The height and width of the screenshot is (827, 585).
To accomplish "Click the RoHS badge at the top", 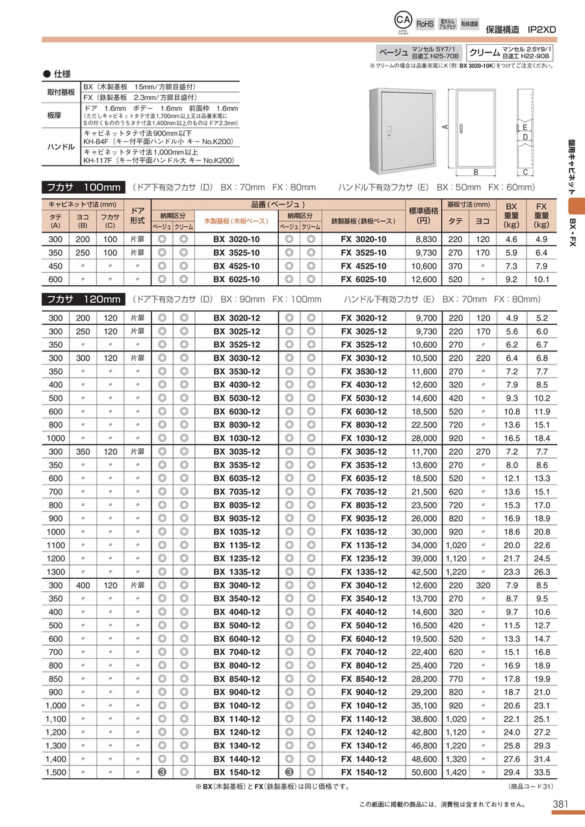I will (424, 23).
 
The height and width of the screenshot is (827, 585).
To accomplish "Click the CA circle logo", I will (403, 20).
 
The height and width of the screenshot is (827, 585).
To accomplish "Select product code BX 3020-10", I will (237, 239).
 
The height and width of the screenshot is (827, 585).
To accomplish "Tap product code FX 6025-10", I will (363, 279).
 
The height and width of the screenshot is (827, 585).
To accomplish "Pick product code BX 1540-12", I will (237, 772).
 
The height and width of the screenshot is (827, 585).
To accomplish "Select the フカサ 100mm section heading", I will (83, 187).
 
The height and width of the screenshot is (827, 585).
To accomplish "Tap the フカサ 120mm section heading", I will (83, 299).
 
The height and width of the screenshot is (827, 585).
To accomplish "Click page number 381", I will (560, 804).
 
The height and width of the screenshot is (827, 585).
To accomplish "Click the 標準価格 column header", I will (425, 215).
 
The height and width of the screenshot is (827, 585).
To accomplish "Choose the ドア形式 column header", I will (137, 215).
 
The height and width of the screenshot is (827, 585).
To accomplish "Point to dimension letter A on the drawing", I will (445, 127).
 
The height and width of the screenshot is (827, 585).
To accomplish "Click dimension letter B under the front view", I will (476, 173).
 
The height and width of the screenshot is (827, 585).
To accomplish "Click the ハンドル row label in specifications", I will (62, 147).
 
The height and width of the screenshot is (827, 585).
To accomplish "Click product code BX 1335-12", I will (237, 572).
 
